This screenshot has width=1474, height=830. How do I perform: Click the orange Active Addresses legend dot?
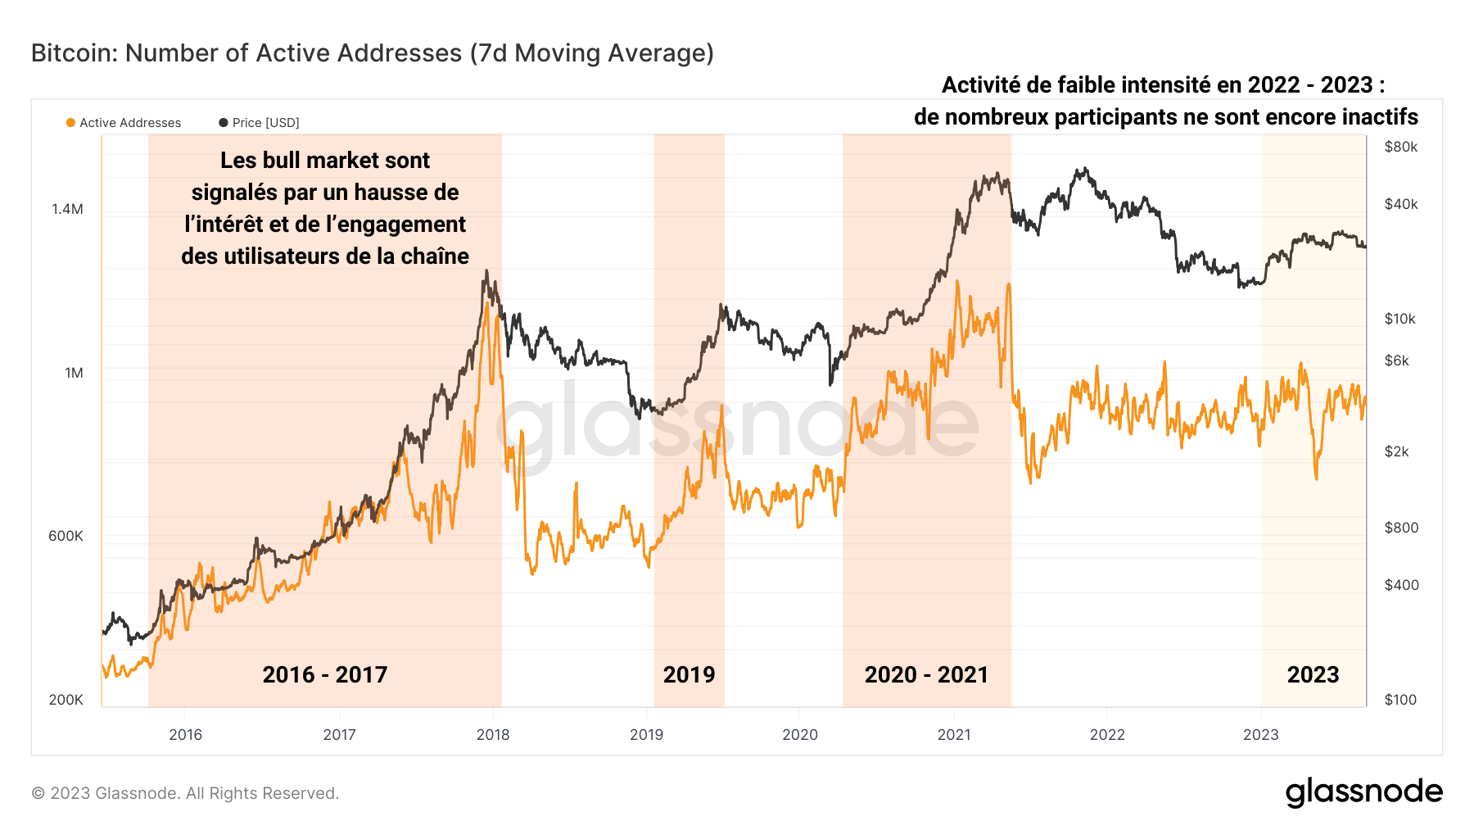pos(70,123)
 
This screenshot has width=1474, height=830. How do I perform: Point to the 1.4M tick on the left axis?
pos(67,209)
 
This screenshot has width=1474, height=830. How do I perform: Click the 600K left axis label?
pos(66,536)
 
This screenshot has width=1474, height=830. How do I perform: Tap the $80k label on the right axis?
pos(1400,147)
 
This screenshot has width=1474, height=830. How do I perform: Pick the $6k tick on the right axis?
pos(1396,361)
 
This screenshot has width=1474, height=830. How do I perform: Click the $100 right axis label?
pos(1399,700)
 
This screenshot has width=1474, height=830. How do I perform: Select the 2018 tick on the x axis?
pos(493,734)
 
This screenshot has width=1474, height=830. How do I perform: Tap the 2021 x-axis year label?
pos(953,734)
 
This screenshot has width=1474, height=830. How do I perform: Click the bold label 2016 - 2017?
pos(324,674)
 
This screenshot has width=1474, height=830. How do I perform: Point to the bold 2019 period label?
pos(689,674)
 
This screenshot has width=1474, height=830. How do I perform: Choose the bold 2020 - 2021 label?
pos(926,674)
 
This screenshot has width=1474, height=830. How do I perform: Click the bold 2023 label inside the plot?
pos(1313,674)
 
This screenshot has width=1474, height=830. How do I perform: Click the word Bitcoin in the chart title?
pos(72,53)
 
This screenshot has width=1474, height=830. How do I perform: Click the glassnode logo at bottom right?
pos(1363,792)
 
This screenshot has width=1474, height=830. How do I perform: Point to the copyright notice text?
pos(185,793)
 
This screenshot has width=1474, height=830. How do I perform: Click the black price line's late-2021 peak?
pos(1083,170)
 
